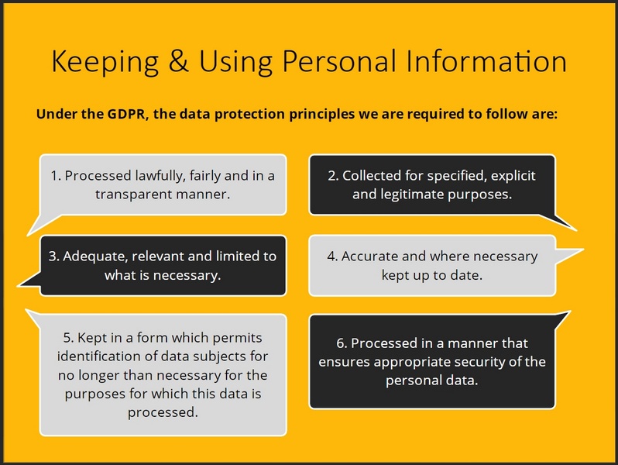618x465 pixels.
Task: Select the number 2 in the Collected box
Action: pyautogui.click(x=332, y=176)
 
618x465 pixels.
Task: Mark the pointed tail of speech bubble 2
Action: pyautogui.click(x=572, y=227)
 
